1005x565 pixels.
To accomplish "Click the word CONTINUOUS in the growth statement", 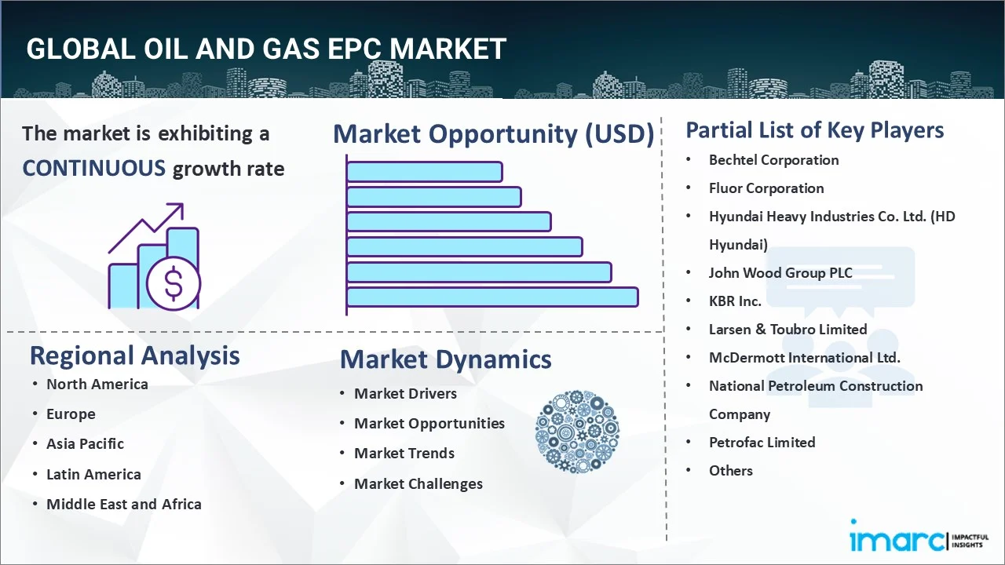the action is click(x=94, y=169).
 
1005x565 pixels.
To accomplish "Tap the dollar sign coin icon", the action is click(x=174, y=283).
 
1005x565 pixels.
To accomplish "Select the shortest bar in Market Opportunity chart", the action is click(x=425, y=172).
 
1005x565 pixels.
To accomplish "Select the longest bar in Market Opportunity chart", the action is click(x=492, y=297).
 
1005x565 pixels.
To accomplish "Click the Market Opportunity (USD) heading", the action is click(x=494, y=133).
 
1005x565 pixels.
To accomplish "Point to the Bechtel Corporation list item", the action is click(x=773, y=160).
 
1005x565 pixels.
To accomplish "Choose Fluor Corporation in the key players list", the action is click(x=766, y=188).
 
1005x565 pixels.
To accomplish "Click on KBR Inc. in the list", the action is click(x=735, y=301).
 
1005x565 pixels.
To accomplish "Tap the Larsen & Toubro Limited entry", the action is click(x=788, y=330).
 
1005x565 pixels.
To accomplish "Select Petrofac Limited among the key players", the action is click(x=762, y=443).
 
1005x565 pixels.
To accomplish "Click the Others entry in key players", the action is click(x=730, y=471).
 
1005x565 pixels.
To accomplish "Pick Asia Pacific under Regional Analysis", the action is click(x=85, y=444).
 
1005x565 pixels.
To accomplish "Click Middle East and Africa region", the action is click(x=124, y=504).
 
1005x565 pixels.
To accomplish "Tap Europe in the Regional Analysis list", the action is click(x=71, y=414).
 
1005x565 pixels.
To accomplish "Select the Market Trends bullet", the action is click(x=404, y=454).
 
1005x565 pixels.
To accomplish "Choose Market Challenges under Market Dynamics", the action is click(x=418, y=484).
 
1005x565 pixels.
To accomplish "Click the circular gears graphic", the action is click(x=577, y=432).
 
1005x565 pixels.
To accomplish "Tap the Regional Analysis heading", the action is click(x=134, y=356).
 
